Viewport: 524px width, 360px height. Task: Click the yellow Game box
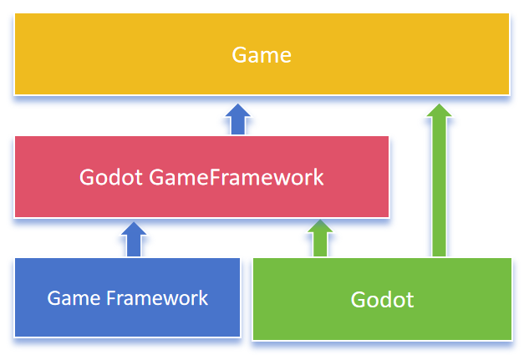click(125, 54)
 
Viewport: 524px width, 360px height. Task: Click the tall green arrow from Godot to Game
click(439, 184)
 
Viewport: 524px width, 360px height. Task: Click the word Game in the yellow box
click(262, 55)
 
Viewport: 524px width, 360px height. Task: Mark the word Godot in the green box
click(382, 299)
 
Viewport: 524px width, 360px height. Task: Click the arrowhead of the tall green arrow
click(439, 109)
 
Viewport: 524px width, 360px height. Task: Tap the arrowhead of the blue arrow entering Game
click(238, 111)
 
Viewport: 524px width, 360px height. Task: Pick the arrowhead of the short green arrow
click(319, 227)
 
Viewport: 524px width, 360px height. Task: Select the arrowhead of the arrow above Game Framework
click(134, 228)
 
